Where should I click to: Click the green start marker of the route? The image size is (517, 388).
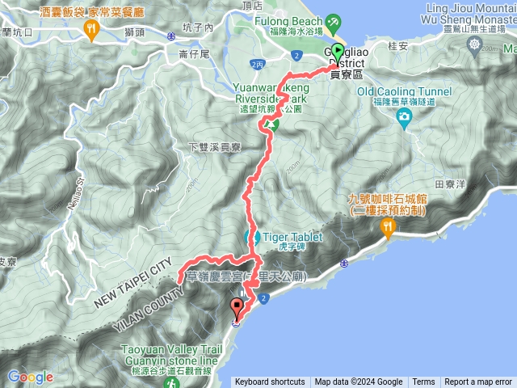tap(337, 52)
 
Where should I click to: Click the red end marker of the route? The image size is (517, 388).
tap(237, 308)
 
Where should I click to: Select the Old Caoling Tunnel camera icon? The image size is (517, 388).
tap(403, 117)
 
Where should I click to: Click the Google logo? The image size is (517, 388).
tap(30, 377)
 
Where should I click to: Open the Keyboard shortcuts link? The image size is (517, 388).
tap(270, 382)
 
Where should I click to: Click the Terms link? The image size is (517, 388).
tap(423, 382)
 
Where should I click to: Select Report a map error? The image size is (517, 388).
tap(478, 382)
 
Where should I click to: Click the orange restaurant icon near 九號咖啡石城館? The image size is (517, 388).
tap(389, 228)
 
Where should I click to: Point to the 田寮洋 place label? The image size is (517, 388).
tap(451, 184)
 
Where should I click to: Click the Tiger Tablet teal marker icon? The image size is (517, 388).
tap(250, 238)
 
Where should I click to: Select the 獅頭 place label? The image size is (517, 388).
tap(134, 32)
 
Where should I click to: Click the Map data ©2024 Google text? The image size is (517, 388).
tap(358, 382)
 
